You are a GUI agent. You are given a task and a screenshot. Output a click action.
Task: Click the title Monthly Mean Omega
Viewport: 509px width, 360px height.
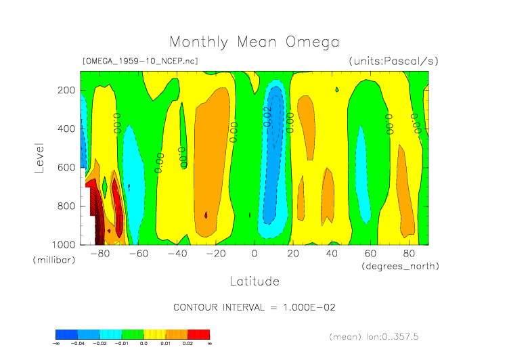coord(254,42)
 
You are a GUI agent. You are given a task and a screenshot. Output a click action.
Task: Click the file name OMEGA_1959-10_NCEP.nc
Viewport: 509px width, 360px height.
coord(140,61)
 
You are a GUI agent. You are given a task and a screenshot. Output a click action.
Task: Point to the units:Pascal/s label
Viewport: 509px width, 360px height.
coord(393,61)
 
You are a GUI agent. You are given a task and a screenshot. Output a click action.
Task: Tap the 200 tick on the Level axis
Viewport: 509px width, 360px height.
coord(66,90)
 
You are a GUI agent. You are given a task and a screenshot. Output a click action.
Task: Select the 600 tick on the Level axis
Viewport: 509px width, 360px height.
coord(66,167)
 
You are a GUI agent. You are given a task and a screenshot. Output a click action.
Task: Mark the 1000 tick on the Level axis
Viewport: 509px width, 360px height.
coord(63,244)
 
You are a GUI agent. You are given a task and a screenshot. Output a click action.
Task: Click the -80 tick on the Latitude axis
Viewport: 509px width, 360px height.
coord(100,254)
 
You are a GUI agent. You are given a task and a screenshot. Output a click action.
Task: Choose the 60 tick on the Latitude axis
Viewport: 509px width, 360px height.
coord(370,254)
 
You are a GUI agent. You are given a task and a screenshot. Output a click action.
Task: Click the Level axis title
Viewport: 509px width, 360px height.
coord(40,157)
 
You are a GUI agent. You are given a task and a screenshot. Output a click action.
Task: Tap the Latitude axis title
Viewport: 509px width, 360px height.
coord(254,281)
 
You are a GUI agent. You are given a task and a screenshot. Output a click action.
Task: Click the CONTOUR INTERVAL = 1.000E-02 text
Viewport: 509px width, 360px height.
coord(255,307)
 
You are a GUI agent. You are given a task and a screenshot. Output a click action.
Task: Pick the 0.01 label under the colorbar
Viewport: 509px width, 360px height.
coord(166,343)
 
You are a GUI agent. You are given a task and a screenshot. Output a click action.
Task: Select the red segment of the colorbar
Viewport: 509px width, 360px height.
coord(198,334)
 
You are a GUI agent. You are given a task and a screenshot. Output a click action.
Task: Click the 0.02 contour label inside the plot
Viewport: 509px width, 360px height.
coord(267,116)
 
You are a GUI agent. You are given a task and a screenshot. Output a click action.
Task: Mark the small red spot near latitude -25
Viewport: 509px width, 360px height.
coord(206,215)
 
